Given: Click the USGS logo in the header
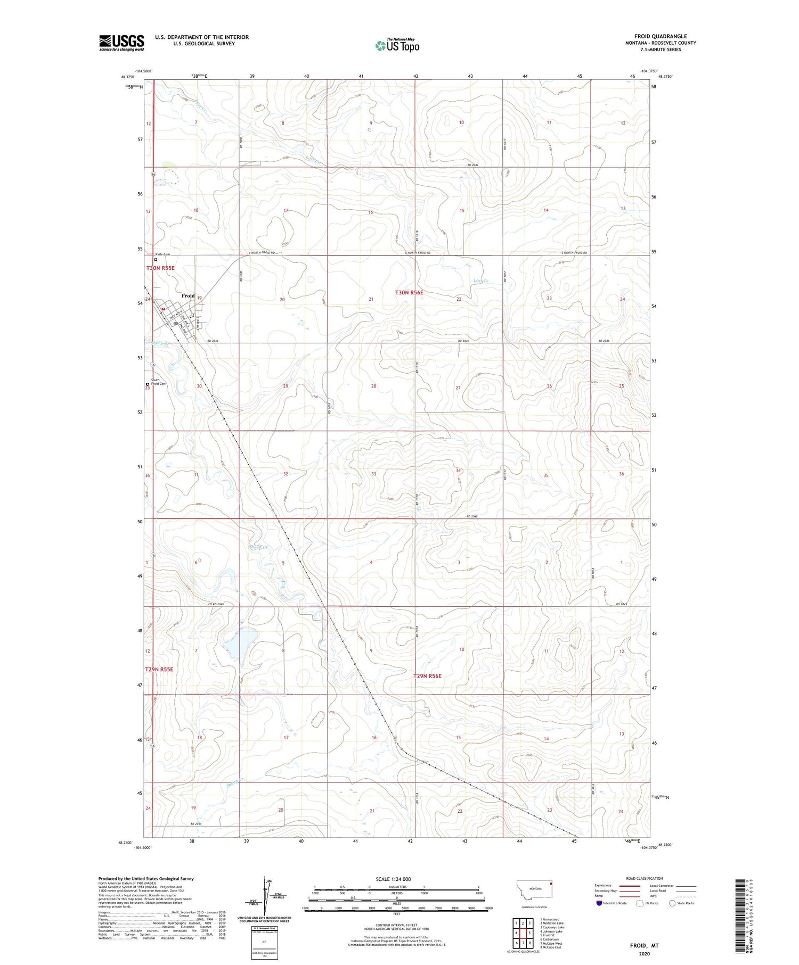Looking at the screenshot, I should pyautogui.click(x=121, y=43).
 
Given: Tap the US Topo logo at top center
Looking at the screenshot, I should pyautogui.click(x=397, y=46).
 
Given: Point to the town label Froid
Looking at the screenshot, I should pyautogui.click(x=187, y=296).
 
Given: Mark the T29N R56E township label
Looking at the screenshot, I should pyautogui.click(x=428, y=676).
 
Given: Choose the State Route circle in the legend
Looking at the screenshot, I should pyautogui.click(x=672, y=903).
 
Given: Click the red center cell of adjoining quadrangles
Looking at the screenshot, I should pyautogui.click(x=523, y=933).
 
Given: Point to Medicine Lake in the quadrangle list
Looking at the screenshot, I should pyautogui.click(x=553, y=923).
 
